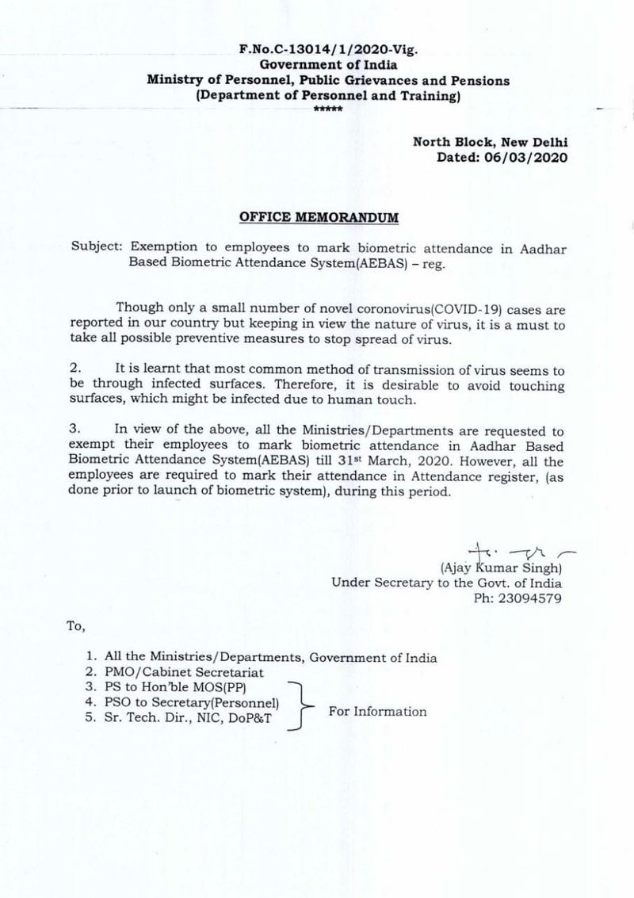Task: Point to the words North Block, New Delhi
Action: point(491,143)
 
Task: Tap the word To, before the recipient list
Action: point(75,625)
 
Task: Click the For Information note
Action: point(377,711)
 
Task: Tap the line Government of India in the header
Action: point(327,65)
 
